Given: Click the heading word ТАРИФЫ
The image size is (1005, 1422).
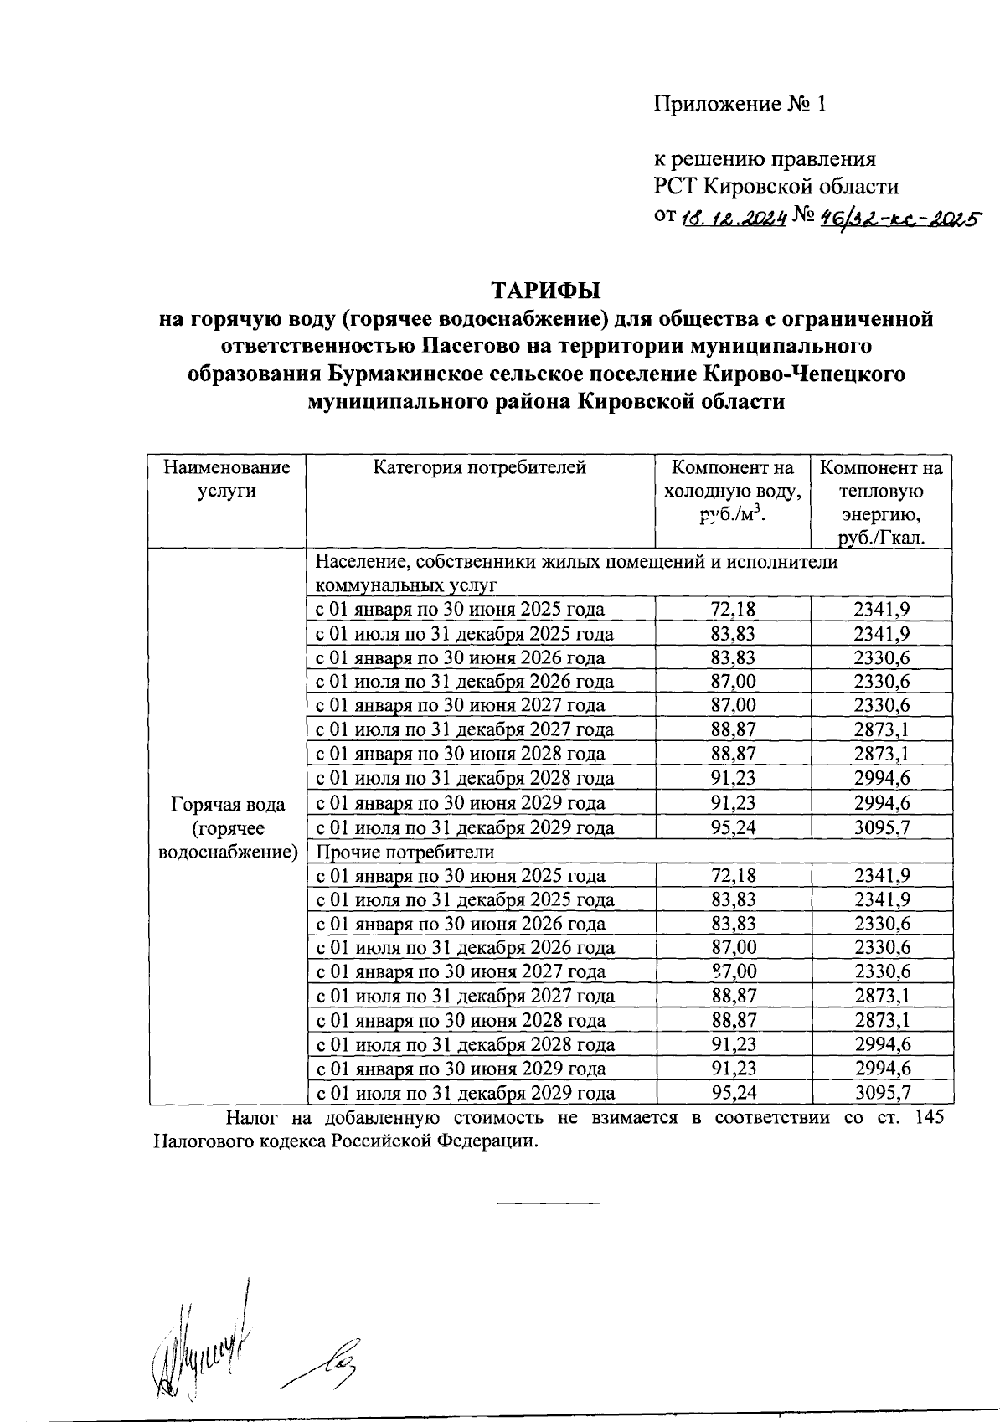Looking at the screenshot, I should [545, 291].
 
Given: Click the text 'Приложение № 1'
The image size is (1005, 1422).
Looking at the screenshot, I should [740, 104].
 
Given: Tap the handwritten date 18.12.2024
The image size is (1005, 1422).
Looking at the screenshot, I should [732, 219].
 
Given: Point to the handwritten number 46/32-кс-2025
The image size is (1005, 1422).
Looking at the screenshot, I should [901, 219].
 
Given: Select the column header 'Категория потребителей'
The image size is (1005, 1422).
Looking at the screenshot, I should [479, 467].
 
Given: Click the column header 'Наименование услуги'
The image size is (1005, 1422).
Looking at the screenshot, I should [226, 479].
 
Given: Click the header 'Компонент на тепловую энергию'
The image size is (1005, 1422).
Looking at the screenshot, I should [880, 502].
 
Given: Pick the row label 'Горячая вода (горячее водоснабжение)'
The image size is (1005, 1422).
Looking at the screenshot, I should [227, 828].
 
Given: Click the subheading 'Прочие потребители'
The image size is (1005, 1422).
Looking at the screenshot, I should [405, 852].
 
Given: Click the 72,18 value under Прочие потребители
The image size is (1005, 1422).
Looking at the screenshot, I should [733, 876].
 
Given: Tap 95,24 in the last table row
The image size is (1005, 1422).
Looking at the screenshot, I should [733, 1093].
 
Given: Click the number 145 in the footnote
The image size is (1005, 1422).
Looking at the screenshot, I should [935, 1118].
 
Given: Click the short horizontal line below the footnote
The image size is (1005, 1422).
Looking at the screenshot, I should [549, 1203].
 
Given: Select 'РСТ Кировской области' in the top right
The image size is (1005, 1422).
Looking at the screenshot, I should [776, 186].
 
